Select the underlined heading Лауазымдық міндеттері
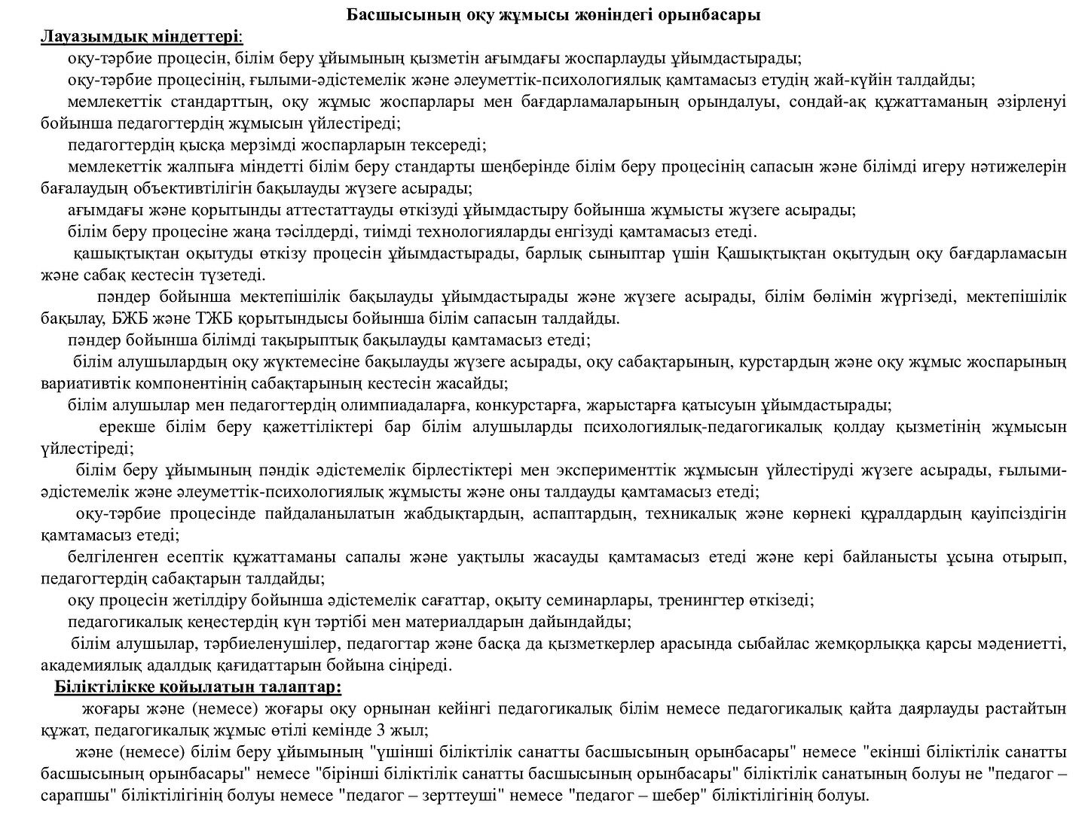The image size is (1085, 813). (141, 36)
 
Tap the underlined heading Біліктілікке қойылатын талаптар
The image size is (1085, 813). (197, 687)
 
